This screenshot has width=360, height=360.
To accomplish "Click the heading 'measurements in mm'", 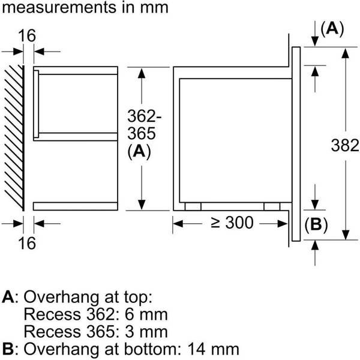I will (x=84, y=8).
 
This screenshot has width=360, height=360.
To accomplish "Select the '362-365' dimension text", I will (x=139, y=124).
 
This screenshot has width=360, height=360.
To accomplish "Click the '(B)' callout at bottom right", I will (x=316, y=225).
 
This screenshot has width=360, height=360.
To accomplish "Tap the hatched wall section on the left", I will (x=13, y=137).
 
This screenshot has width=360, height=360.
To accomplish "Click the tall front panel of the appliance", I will (x=296, y=145).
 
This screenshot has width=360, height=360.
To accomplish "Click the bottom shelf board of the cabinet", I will (x=75, y=206).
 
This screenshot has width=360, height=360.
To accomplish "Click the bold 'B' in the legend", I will (x=8, y=349).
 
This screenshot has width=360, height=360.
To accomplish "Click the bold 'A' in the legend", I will (x=8, y=296).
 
